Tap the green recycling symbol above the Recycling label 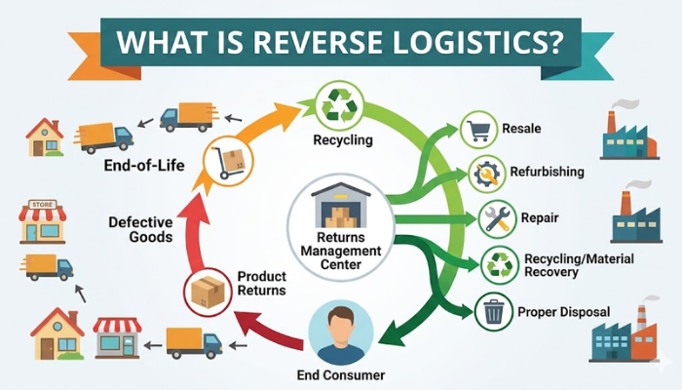[342, 102]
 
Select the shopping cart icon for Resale [477, 131]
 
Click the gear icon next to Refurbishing [485, 174]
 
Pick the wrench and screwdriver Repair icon [498, 217]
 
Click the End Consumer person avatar [341, 331]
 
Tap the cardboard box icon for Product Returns [207, 292]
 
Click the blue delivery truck [185, 117]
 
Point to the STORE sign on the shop [42, 206]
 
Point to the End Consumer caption [341, 374]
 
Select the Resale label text [521, 129]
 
